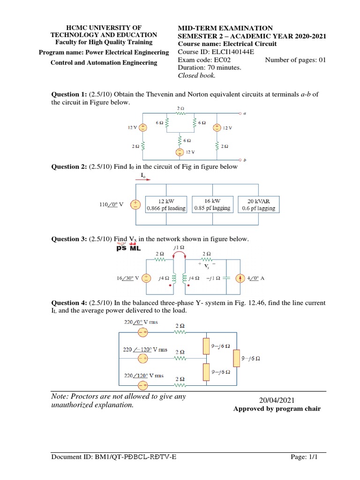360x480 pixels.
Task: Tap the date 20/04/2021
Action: click(277, 400)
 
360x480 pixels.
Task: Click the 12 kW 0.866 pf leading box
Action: click(166, 204)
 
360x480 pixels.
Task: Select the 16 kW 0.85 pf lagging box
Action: click(212, 204)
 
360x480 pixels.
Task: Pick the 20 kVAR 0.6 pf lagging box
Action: click(258, 204)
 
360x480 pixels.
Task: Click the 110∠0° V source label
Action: click(112, 205)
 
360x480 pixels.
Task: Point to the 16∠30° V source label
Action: click(127, 278)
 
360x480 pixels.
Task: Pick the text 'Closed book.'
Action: click(197, 75)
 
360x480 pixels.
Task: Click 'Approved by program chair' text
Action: click(277, 409)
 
